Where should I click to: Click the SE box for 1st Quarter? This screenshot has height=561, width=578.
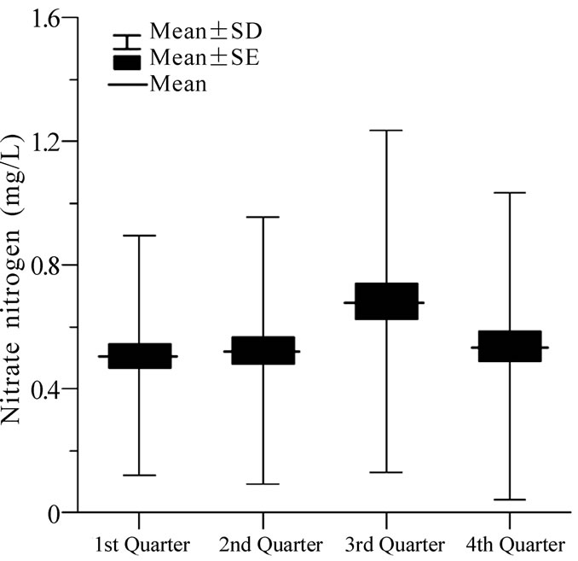(x=139, y=356)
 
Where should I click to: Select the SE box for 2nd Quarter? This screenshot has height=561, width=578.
(x=263, y=350)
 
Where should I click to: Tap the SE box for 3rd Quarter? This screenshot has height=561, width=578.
(x=386, y=301)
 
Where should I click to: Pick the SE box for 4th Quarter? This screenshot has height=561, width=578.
(x=510, y=346)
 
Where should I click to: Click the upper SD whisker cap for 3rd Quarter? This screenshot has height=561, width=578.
(x=386, y=131)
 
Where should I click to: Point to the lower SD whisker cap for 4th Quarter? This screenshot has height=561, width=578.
(x=510, y=500)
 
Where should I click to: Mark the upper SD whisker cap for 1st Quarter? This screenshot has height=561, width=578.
(x=139, y=235)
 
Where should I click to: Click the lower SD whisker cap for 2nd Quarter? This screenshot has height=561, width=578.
(x=263, y=484)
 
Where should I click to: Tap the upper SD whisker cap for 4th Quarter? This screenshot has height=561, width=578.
(x=510, y=193)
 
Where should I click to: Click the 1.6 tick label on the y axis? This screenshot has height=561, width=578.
(x=43, y=18)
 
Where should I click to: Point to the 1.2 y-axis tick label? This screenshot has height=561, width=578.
(x=43, y=141)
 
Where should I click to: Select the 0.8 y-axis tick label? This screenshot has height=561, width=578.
(x=43, y=265)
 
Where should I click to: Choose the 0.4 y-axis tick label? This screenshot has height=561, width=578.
(x=43, y=389)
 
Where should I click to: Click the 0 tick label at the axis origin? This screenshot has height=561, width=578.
(x=55, y=513)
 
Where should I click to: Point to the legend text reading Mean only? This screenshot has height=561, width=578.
(x=177, y=85)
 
